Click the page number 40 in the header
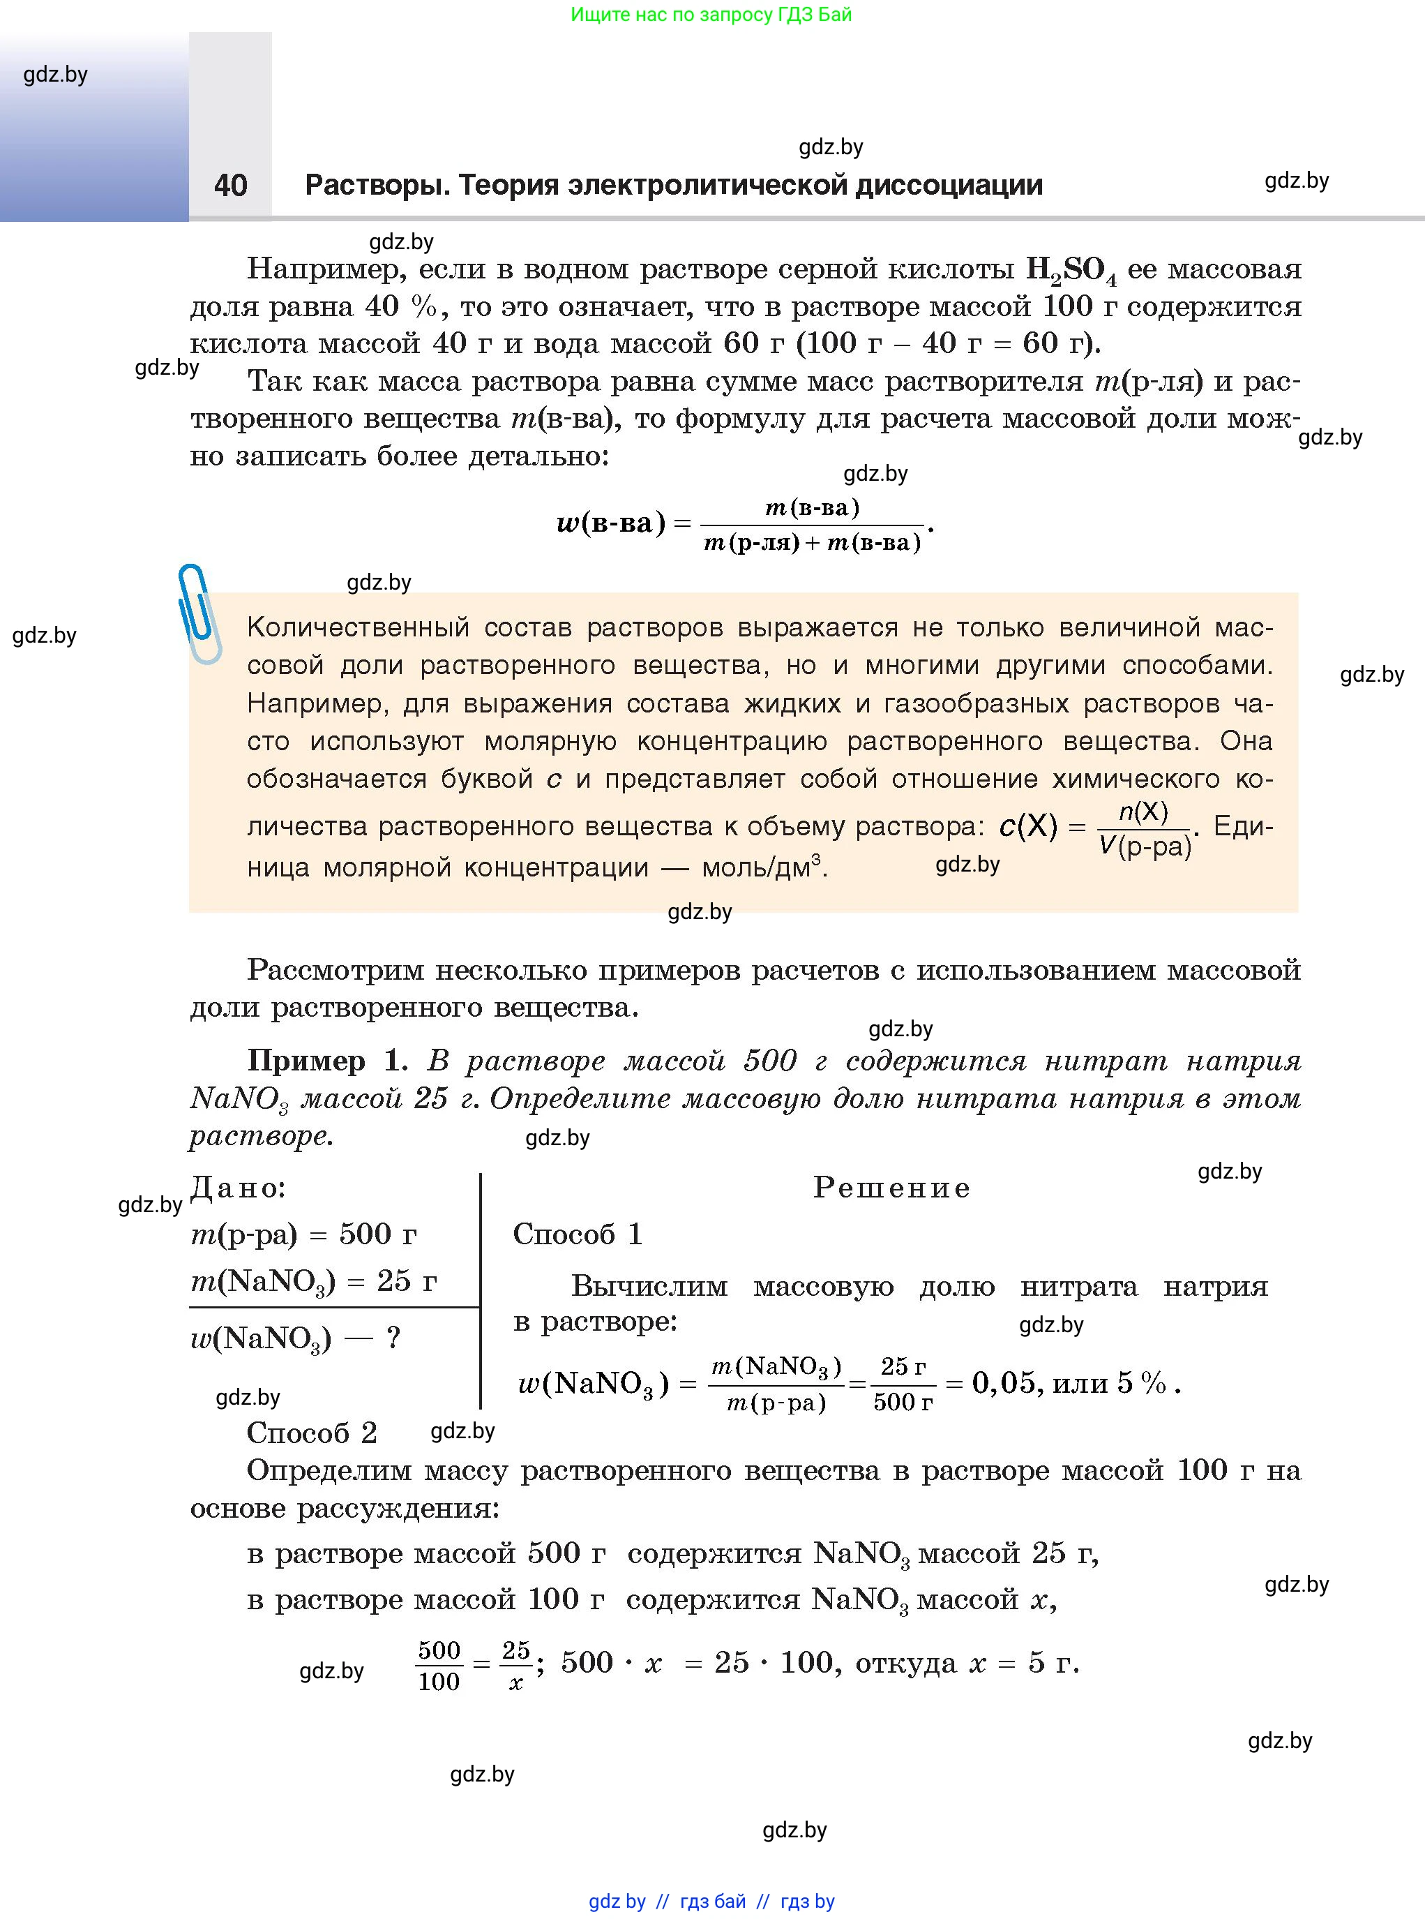click(x=230, y=186)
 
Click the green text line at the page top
click(x=711, y=15)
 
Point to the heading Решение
click(x=892, y=1188)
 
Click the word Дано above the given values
click(x=238, y=1188)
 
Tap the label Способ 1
click(x=577, y=1234)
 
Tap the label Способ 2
click(x=311, y=1433)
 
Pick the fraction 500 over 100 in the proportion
click(x=439, y=1665)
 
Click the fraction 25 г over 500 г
click(x=903, y=1383)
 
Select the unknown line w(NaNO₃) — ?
click(x=295, y=1338)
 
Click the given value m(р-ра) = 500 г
click(x=303, y=1234)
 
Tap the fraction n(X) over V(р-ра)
click(x=1144, y=828)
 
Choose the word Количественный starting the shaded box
click(x=358, y=627)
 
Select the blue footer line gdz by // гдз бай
click(x=711, y=1901)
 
